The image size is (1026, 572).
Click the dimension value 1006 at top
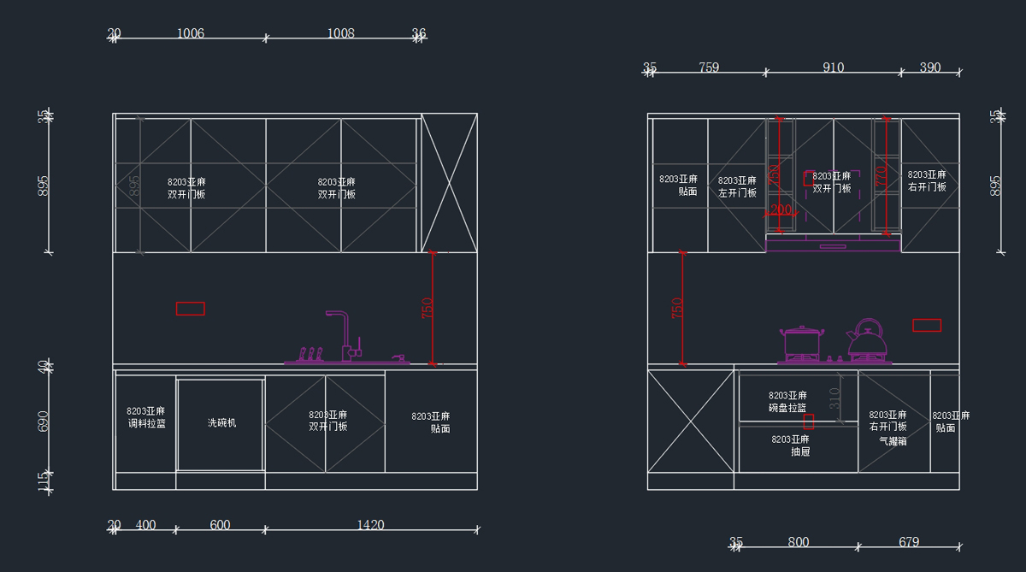(x=190, y=33)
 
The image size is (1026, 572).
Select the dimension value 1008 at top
(x=340, y=33)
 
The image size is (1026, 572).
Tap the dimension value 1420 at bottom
(x=370, y=525)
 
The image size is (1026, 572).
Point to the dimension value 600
(x=220, y=525)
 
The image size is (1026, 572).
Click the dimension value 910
(x=833, y=68)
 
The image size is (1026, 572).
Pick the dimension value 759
(x=709, y=68)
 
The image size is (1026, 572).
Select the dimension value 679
(x=909, y=542)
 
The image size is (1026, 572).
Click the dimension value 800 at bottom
(x=799, y=542)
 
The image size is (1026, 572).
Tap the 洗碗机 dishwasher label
(x=221, y=422)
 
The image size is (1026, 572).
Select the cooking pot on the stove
(x=802, y=341)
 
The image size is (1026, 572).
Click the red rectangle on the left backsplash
(x=190, y=309)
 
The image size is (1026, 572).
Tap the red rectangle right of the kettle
(x=927, y=325)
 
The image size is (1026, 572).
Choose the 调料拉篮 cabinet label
(x=146, y=423)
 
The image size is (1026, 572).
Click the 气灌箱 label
(x=893, y=442)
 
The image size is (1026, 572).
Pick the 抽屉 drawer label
(x=799, y=451)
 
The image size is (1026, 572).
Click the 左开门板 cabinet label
(x=737, y=192)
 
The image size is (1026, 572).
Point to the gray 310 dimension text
(x=835, y=398)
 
